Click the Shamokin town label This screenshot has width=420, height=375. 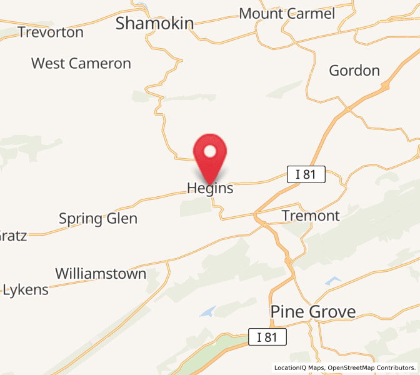pos(155,24)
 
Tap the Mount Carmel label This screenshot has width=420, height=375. pos(287,14)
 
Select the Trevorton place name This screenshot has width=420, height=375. pos(51,32)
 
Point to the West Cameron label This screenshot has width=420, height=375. pos(81,63)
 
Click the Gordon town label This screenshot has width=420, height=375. pos(354,70)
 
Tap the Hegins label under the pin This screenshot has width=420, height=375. pos(210,188)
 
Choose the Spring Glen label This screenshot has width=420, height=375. pos(98,219)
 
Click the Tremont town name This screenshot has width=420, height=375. pos(311,216)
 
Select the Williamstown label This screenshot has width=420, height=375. pos(101,274)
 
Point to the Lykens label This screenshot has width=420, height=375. pos(26,290)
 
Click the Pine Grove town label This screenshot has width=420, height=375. pos(313,311)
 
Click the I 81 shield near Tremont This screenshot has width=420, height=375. pos(306,174)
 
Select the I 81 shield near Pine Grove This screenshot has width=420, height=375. pos(267,337)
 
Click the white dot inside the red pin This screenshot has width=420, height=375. pos(210,151)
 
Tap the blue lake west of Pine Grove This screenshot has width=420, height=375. pos(207,311)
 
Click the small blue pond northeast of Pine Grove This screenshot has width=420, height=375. pos(333,281)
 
